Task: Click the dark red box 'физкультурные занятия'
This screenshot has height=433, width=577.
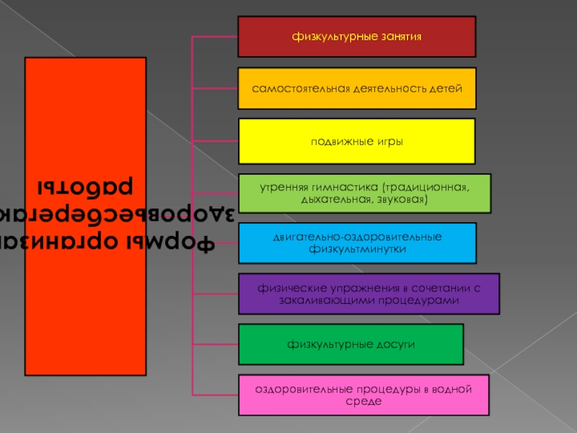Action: coord(356,36)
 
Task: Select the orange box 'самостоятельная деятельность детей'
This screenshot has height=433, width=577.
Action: coord(356,88)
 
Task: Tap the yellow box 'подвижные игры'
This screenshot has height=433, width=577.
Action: coord(356,141)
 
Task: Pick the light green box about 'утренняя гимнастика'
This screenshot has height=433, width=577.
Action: coord(364,193)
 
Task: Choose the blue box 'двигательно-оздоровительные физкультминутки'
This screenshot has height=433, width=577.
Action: coord(356,242)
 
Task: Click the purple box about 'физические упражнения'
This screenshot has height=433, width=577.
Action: coord(368,293)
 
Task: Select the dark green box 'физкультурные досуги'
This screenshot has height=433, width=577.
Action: coord(351,344)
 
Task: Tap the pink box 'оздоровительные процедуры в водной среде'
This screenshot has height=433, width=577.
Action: coord(363,394)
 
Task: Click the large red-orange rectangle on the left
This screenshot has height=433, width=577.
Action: coord(85,216)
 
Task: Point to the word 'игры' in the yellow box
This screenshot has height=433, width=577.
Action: coord(389,141)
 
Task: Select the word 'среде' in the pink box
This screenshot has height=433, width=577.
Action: coord(364,400)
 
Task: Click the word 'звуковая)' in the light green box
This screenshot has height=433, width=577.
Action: coord(401,198)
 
